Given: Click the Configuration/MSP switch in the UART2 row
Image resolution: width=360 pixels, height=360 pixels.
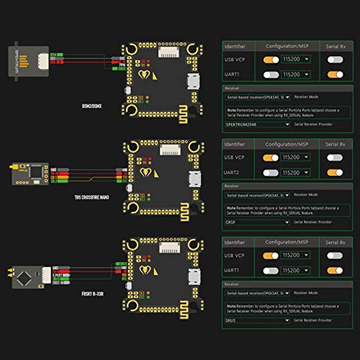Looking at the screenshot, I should click(x=271, y=174).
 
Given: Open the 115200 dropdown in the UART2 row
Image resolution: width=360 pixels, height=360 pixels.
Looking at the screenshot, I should click(x=295, y=174).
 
